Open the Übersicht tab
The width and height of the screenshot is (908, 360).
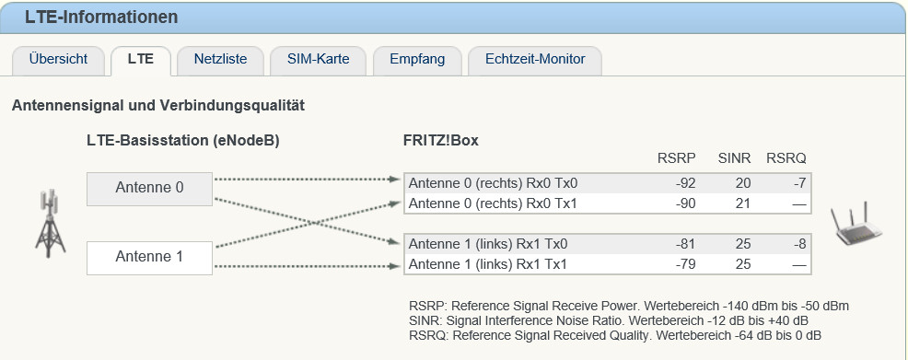(59, 60)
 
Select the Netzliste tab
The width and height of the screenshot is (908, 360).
(221, 60)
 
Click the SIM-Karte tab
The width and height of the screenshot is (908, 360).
(318, 60)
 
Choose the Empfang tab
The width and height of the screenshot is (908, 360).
(417, 60)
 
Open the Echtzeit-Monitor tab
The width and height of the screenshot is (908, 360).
(535, 60)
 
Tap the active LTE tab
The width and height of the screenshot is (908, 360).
(141, 60)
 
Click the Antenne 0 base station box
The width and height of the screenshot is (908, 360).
(149, 189)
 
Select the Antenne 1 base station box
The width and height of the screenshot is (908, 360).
(149, 258)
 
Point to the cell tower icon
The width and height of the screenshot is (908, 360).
(51, 223)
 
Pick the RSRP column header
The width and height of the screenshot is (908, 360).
(676, 158)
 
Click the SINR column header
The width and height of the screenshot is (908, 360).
(734, 158)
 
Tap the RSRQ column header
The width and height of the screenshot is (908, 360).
(786, 158)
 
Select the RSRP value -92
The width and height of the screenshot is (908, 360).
(685, 184)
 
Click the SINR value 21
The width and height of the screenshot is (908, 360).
(743, 203)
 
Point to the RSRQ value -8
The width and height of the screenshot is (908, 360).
(799, 244)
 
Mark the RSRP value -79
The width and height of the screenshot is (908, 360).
(685, 265)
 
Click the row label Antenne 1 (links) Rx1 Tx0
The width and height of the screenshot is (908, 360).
(487, 244)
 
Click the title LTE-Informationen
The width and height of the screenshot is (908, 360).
(101, 17)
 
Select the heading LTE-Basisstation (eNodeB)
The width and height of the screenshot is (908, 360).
(183, 141)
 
